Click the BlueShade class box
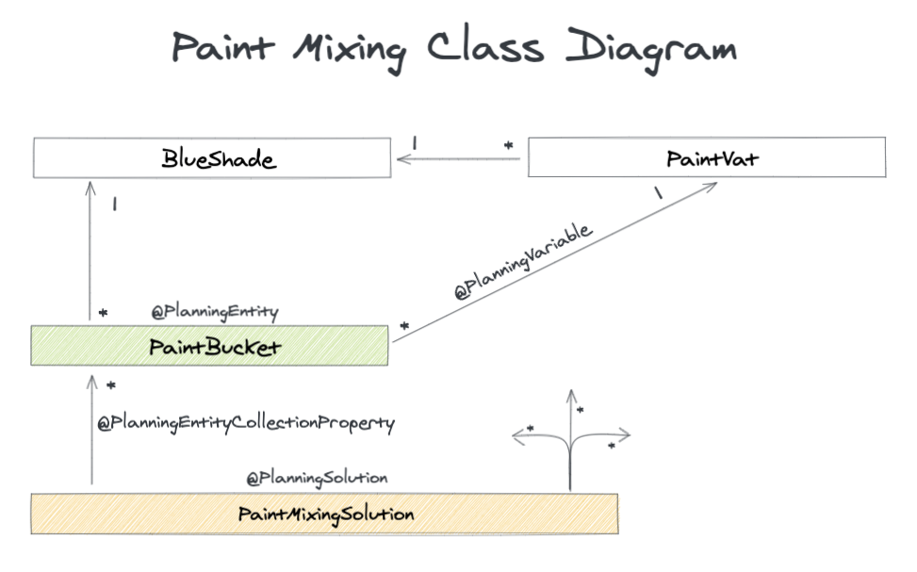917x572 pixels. click(212, 157)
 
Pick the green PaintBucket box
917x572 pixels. click(209, 346)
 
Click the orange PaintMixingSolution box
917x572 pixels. click(325, 515)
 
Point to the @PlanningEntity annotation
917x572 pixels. click(215, 310)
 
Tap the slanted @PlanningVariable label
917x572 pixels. click(523, 263)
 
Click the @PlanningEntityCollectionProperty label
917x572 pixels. click(246, 423)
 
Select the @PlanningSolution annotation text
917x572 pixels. click(317, 478)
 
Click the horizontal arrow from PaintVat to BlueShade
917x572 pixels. click(458, 159)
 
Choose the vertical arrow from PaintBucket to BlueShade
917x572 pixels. click(90, 250)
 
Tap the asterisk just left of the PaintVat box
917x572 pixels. click(508, 146)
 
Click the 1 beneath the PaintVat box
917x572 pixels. click(658, 192)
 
